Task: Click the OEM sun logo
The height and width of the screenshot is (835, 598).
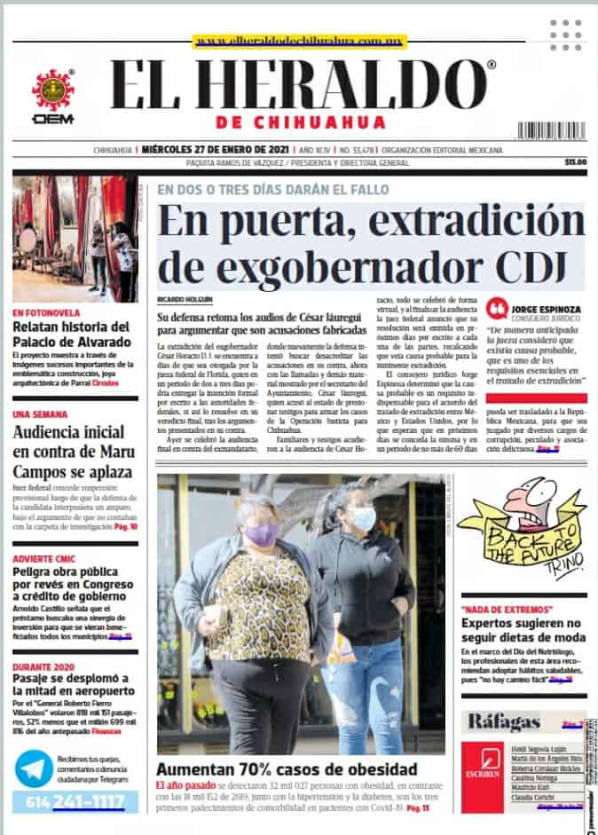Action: (52, 90)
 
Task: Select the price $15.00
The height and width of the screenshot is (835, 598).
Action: (574, 161)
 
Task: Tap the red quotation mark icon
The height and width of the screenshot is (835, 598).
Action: (499, 308)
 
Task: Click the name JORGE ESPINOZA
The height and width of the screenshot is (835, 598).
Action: (547, 310)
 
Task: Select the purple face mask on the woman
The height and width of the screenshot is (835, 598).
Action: (262, 533)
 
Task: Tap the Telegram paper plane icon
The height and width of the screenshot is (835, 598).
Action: (34, 768)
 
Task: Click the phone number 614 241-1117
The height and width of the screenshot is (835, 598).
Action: (75, 802)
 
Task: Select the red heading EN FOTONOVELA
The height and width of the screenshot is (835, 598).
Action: (46, 312)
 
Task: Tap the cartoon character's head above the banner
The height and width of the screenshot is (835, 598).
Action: (539, 501)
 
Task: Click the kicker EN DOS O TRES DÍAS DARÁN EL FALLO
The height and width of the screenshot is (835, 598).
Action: (272, 189)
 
